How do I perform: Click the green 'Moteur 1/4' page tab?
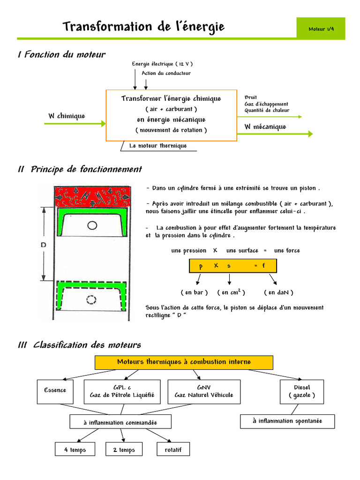[x=321, y=29]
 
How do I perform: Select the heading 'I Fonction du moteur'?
[x=61, y=55]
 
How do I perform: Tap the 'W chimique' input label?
[x=67, y=116]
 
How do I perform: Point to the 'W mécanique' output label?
[x=265, y=127]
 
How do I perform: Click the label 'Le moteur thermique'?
[x=157, y=146]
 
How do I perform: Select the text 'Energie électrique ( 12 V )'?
[x=162, y=64]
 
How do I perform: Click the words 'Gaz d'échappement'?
[x=266, y=104]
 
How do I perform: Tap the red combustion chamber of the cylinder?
[x=92, y=197]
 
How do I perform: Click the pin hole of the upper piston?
[x=93, y=225]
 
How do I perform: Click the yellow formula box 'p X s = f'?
[x=232, y=266]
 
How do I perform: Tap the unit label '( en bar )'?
[x=194, y=292]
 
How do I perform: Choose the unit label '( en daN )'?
[x=278, y=292]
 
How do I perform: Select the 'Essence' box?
[x=55, y=391]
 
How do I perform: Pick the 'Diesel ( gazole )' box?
[x=302, y=391]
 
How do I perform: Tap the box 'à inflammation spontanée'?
[x=287, y=421]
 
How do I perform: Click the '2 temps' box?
[x=124, y=450]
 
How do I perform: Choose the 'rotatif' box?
[x=173, y=450]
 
